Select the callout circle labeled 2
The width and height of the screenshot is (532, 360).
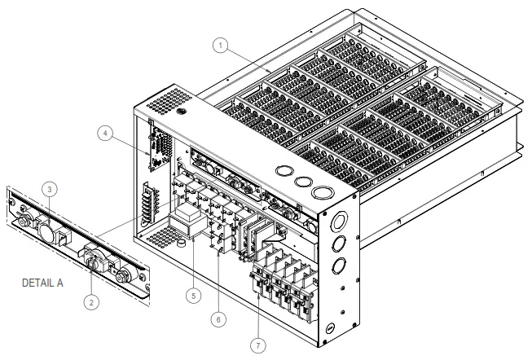[91, 302]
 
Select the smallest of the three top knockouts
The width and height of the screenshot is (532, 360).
[284, 173]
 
